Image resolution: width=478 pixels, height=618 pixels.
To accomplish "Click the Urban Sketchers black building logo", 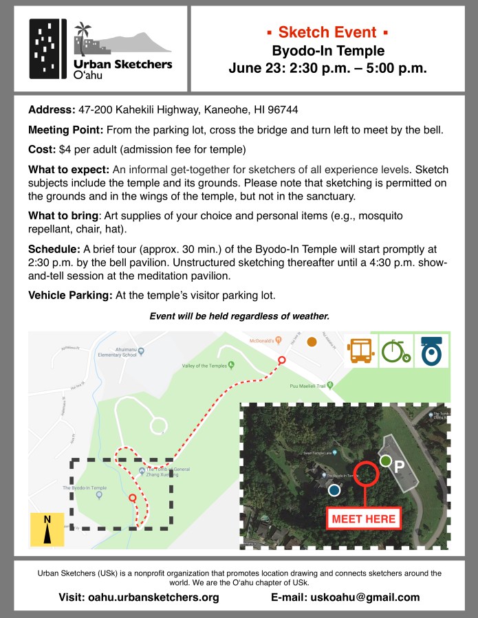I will tap(48, 49).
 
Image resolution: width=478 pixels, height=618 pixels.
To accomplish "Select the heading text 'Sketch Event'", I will tap(327, 32).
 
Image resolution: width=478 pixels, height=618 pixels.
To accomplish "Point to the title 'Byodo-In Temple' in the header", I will tap(327, 50).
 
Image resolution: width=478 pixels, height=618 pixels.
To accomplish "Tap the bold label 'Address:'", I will tap(51, 111).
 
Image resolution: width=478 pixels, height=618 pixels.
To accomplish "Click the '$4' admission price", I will tap(67, 149).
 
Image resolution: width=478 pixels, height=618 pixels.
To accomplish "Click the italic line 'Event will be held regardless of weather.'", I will tap(239, 316).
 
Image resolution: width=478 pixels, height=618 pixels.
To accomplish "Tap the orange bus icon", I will tap(362, 350).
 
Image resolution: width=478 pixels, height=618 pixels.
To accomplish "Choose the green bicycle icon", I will tap(395, 350).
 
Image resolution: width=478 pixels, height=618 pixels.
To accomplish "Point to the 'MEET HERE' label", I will tap(364, 518).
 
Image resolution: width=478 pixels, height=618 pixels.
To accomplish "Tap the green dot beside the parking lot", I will tap(386, 461).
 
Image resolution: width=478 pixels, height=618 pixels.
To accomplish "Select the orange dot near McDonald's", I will tap(312, 342).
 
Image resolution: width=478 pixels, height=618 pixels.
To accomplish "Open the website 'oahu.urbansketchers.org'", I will tap(153, 597).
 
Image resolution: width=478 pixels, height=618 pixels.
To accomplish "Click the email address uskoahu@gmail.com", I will tap(365, 597).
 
